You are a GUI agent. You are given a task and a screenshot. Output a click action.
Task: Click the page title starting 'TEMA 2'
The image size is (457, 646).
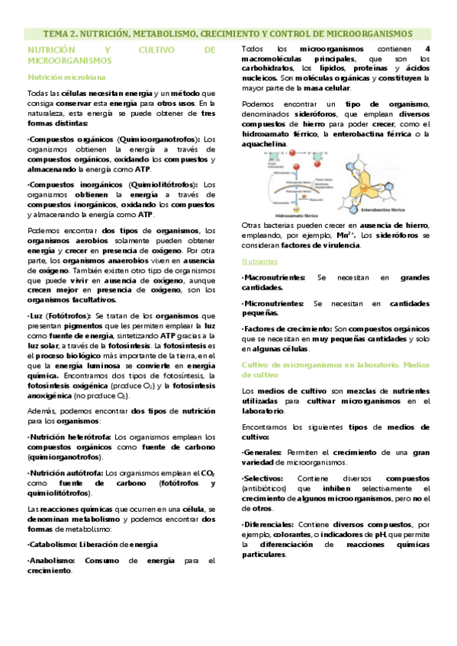point(228,34)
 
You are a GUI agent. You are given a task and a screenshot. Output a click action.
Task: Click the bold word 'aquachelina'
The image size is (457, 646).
point(264,144)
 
